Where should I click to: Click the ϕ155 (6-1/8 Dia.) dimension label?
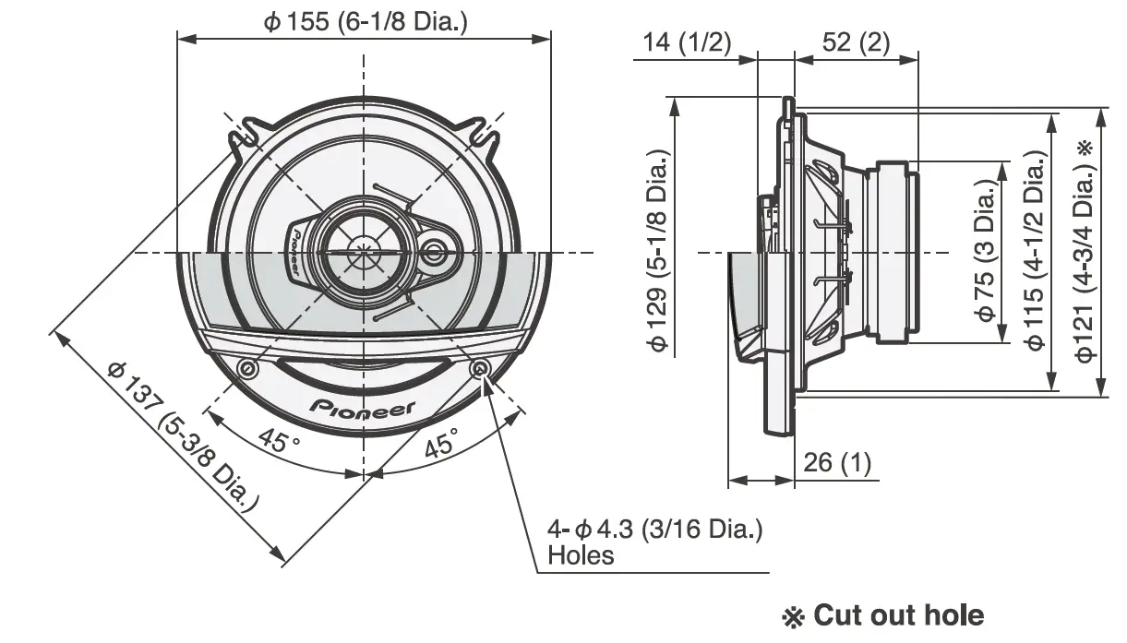coord(365,21)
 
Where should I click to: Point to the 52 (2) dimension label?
coord(855,42)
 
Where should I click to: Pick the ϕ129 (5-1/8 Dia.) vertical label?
coord(658,250)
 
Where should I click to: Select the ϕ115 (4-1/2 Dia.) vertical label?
coord(1035,250)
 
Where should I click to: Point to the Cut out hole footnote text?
coord(883,615)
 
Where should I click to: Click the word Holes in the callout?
coord(580,554)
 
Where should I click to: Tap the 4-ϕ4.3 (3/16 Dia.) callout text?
coord(654,530)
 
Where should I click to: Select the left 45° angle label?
coord(280,439)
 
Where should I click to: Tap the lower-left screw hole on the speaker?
coord(246,369)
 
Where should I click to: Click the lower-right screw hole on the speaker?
coord(481,369)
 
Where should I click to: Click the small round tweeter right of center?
coord(433,250)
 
